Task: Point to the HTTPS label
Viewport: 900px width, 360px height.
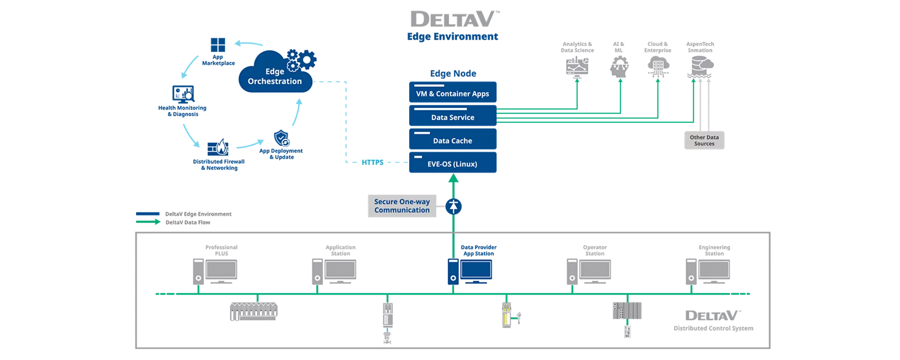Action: tap(373, 162)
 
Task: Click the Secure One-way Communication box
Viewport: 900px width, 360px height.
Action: tap(402, 206)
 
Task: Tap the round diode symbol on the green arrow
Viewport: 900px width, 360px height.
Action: tap(453, 206)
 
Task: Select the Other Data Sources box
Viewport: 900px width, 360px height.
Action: tap(704, 140)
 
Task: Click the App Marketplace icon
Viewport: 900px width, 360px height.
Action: tap(218, 45)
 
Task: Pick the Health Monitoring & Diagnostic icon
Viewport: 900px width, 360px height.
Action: tap(183, 94)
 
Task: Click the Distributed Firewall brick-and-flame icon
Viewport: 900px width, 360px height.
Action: tap(218, 148)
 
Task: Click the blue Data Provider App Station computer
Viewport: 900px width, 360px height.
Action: tap(470, 272)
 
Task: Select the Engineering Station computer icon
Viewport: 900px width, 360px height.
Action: tap(708, 272)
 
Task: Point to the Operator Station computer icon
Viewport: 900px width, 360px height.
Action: tap(589, 272)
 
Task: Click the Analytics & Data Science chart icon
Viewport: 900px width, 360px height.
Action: tap(577, 66)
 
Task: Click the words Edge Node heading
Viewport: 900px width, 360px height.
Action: tap(453, 74)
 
